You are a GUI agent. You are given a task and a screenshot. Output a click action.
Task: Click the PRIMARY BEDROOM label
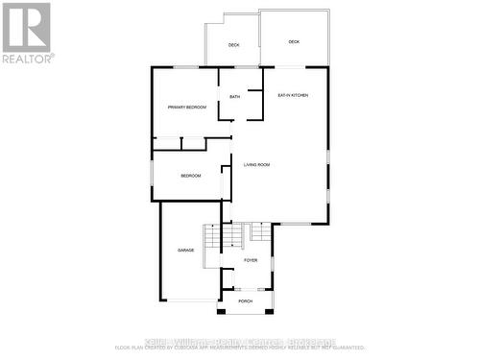click(x=187, y=108)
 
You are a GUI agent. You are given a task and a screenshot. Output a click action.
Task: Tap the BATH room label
click(x=235, y=97)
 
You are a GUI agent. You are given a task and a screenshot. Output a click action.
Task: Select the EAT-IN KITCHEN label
click(x=292, y=96)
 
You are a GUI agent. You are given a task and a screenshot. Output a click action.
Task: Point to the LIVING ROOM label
click(x=256, y=165)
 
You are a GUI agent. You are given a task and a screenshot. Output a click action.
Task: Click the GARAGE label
click(x=185, y=251)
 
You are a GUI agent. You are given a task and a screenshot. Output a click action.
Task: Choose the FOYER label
click(x=251, y=260)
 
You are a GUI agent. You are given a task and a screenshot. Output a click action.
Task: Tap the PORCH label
click(x=246, y=301)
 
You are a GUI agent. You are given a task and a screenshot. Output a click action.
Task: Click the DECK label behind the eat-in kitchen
click(x=294, y=42)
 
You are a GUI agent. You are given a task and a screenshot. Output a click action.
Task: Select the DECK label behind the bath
click(x=233, y=45)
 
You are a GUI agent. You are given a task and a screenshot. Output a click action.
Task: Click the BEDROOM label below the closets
click(x=191, y=176)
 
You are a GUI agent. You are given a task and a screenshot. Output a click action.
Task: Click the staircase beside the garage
click(x=212, y=238)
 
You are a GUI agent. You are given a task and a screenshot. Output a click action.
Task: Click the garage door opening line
click(x=190, y=300)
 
